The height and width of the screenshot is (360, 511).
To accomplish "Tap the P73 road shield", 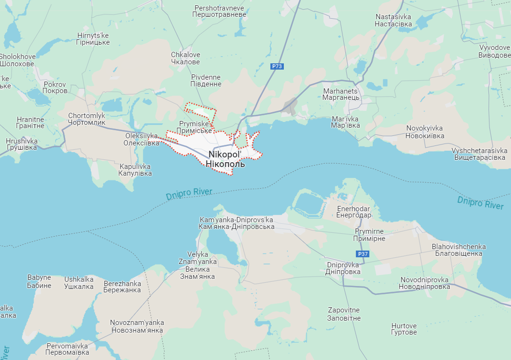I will point(277,67).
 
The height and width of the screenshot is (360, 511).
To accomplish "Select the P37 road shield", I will point(363,254).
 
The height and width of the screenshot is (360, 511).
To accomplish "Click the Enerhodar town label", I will point(354,212).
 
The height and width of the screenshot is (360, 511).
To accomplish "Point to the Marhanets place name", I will point(341,94).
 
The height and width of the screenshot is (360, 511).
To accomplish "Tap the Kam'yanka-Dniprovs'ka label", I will point(236,223).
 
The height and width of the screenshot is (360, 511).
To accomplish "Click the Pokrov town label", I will point(55,87).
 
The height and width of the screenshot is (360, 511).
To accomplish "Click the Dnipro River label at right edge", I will point(480,203).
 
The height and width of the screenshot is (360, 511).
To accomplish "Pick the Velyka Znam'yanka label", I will point(197,265).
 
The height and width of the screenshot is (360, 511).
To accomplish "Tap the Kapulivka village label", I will point(135,169).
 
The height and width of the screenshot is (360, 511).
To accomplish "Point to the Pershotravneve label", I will point(219,12).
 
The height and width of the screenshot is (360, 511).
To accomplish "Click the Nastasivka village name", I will point(393,20).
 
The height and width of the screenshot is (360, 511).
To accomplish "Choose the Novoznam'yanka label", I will point(137,326).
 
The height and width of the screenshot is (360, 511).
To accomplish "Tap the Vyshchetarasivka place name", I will point(479,154).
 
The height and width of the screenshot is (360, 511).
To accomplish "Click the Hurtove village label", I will point(403,329).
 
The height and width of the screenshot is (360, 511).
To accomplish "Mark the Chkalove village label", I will point(185,58).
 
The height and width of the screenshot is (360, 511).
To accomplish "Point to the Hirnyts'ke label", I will point(93,39).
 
